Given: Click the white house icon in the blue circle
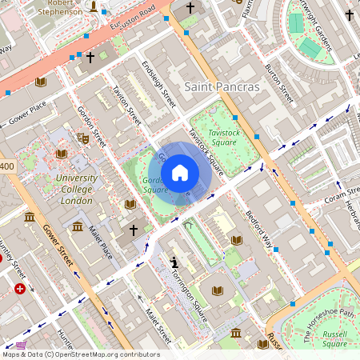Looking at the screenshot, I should point(179,173).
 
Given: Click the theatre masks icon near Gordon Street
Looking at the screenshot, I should point(82,137).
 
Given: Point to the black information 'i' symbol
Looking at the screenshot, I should point(174,262).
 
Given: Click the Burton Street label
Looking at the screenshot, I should point(279,85).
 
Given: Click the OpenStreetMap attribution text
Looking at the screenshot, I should point(80,354).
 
